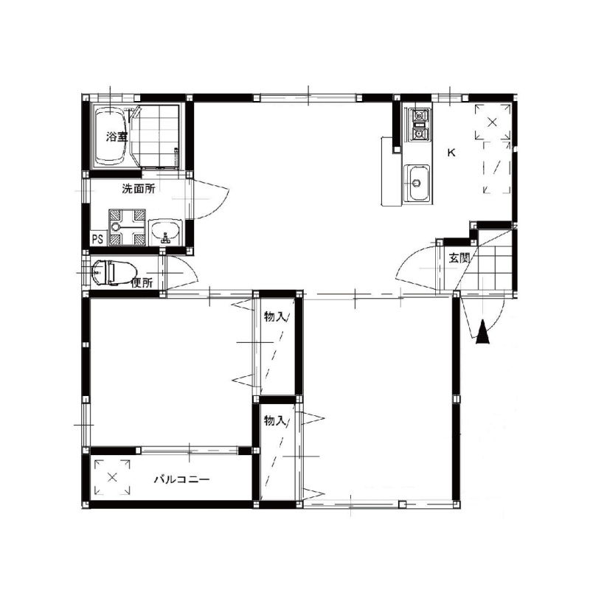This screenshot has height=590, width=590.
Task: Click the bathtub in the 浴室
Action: coord(110,136)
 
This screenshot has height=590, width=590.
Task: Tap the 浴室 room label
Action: coord(117,137)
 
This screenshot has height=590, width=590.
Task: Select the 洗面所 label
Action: coord(139,189)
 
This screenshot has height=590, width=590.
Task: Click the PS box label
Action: coord(98,239)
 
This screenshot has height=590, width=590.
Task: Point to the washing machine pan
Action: coord(127,227)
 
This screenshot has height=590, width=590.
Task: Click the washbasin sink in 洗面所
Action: coord(165,231)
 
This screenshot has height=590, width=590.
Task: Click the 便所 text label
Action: coord(142,283)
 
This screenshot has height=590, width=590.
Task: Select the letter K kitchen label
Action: coord(451,153)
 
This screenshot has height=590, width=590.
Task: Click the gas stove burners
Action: coord(420,125)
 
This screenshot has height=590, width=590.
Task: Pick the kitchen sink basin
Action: coord(417,183)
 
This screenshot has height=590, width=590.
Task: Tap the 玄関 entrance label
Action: coord(459,258)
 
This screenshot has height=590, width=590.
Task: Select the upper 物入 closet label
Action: coord(275,317)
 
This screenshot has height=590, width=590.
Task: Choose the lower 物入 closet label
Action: coord(275,420)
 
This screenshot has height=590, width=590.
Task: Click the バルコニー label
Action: coord(182,479)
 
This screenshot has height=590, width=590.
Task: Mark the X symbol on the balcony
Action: coord(112,477)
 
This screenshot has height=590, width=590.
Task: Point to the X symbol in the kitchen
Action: coord(492,122)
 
